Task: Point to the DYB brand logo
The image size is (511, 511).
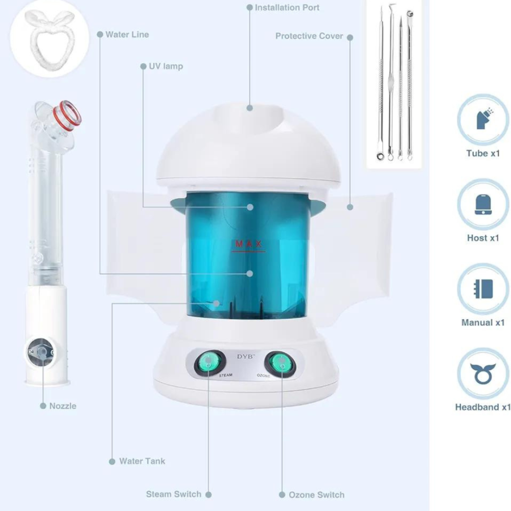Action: (246, 357)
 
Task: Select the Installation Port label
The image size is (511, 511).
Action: (287, 8)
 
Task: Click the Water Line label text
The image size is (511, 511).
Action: (127, 35)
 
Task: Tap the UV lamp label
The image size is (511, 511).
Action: (166, 66)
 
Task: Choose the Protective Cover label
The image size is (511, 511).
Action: (309, 36)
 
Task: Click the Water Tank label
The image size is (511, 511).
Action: (142, 461)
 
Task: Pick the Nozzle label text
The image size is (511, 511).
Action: (62, 406)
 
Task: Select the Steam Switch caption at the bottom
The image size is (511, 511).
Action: (173, 494)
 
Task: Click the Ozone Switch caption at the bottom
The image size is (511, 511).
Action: (316, 495)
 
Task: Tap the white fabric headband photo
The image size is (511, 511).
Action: (50, 39)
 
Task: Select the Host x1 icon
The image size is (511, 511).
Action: (483, 204)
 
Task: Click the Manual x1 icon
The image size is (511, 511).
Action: (483, 289)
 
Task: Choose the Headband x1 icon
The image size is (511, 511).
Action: (483, 374)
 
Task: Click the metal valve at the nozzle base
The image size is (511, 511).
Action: (41, 352)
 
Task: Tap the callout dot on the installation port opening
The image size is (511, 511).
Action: (250, 108)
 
